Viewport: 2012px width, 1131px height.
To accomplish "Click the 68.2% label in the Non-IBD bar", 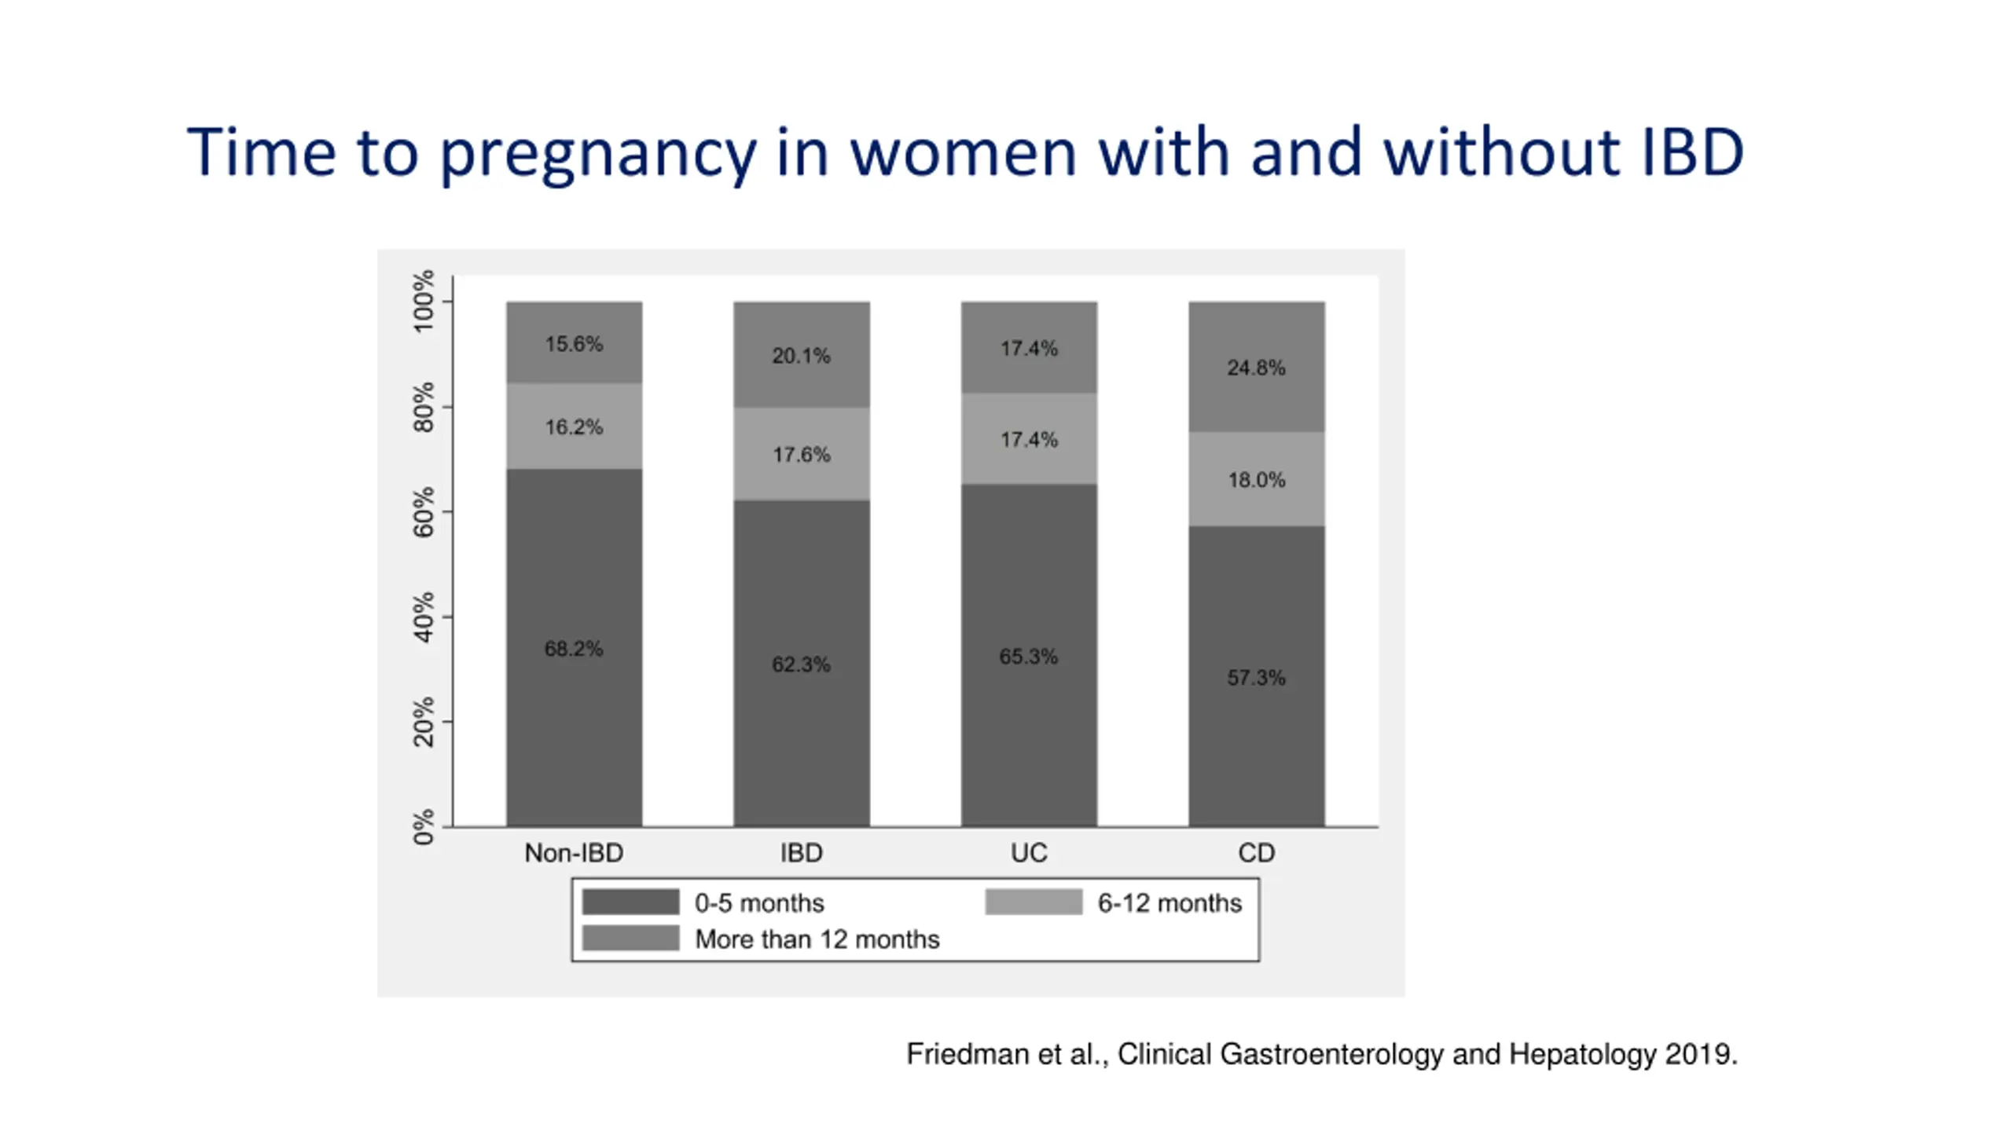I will tap(574, 649).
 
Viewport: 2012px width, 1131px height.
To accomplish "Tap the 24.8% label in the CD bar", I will tap(1256, 368).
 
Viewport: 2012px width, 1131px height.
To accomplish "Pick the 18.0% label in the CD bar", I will tap(1256, 480).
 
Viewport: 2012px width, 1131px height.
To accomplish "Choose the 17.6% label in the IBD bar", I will tap(801, 455).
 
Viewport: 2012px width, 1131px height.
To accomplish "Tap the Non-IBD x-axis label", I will tap(574, 853).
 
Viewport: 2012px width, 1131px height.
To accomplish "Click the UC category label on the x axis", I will tap(1029, 853).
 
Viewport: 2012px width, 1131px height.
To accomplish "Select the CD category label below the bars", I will tap(1256, 853).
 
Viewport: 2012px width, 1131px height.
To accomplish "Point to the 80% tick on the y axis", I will tap(424, 407).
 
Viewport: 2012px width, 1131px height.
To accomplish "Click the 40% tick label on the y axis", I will tap(424, 617).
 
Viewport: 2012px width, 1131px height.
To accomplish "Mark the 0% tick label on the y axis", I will tap(424, 827).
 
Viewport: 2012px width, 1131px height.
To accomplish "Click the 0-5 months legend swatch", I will tap(630, 902).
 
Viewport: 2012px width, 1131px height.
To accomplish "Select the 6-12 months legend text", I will tap(1169, 903).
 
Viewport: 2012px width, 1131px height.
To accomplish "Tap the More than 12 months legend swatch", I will tap(630, 938).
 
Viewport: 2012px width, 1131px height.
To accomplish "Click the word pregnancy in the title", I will tap(597, 153).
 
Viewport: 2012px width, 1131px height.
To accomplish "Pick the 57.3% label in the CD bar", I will tap(1256, 678).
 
